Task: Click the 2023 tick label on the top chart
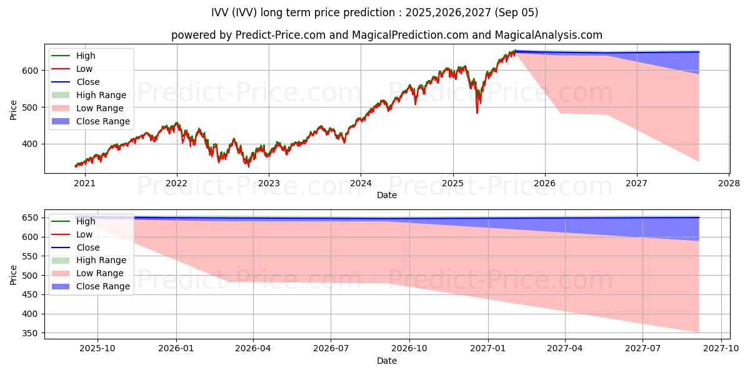[x=269, y=183]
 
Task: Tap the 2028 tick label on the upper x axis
[x=729, y=183]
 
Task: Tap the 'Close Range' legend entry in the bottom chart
[x=103, y=286]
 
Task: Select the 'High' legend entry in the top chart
[x=86, y=56]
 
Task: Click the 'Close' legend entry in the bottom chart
[x=88, y=247]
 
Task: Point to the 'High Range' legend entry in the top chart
[x=101, y=95]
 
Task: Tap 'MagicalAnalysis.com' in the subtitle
[x=551, y=35]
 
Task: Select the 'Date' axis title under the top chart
[x=387, y=195]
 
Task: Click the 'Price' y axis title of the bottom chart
[x=14, y=275]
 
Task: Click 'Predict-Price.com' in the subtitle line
[x=280, y=35]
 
